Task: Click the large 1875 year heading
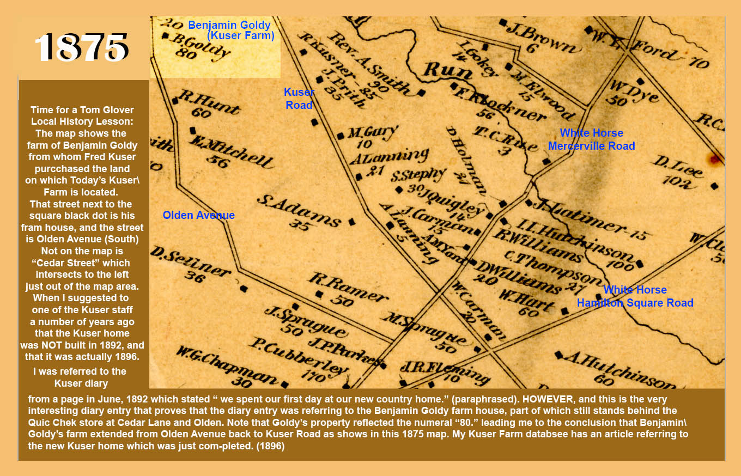pos(82,48)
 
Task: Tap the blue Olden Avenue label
pos(199,216)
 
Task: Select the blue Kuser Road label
pos(299,99)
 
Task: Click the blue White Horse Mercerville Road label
pos(592,139)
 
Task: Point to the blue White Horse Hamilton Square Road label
pos(635,296)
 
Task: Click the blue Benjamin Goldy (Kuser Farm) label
pos(230,30)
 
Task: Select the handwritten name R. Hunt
pos(209,103)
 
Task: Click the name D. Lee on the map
pos(678,167)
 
